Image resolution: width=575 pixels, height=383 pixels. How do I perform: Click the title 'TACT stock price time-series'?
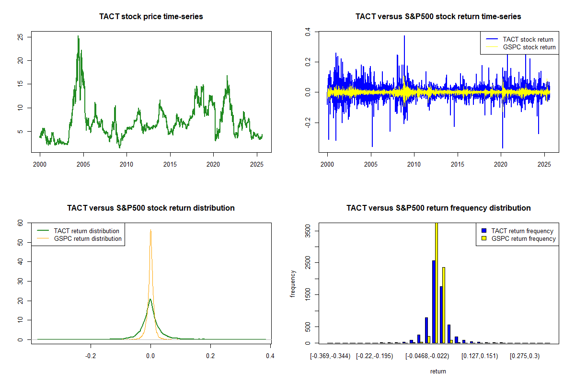[x=151, y=17]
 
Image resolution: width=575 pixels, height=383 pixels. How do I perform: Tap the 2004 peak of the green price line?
[x=78, y=36]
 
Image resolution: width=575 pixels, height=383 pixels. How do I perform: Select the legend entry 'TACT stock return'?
[x=528, y=39]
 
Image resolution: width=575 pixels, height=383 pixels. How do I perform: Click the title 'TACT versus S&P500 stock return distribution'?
[x=151, y=208]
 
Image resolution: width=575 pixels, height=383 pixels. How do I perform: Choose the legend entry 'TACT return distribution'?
[x=86, y=231]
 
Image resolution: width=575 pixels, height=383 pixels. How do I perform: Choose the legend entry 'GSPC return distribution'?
[x=88, y=238]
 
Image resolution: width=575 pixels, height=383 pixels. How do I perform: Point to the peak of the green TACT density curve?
[x=150, y=300]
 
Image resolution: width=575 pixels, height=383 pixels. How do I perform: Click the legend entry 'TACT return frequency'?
[x=522, y=231]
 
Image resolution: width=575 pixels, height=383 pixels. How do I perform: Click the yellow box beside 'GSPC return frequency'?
[x=484, y=238]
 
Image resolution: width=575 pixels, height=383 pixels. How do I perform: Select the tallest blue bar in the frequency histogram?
[x=434, y=302]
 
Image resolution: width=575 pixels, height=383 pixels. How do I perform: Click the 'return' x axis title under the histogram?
[x=438, y=371]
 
